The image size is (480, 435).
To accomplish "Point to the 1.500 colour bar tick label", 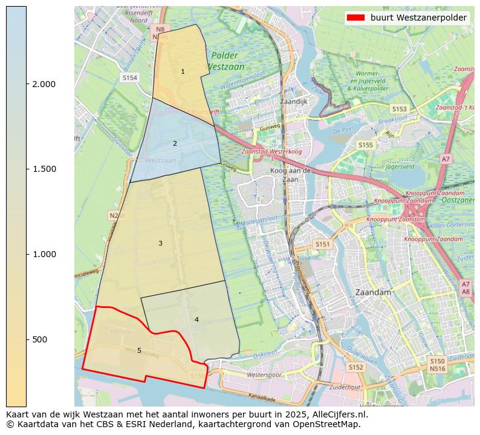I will (x=43, y=169).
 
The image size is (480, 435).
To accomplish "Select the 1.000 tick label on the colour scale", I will (x=43, y=254).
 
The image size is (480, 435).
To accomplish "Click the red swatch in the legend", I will (x=356, y=18).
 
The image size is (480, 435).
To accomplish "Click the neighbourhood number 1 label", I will (x=183, y=72).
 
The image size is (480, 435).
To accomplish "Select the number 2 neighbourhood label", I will (x=175, y=143).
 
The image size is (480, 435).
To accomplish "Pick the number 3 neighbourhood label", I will (x=160, y=243).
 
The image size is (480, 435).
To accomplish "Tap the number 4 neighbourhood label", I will (x=196, y=319).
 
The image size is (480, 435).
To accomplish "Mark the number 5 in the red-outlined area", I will (x=139, y=350).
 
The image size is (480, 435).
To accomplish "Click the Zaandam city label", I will (x=374, y=292).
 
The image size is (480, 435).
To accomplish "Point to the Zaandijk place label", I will (x=294, y=102).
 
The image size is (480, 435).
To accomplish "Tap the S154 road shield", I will (x=130, y=78).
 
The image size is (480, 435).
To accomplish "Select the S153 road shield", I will (x=399, y=109).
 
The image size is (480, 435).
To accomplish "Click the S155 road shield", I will (x=365, y=145).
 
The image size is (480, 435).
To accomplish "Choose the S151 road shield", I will (x=323, y=244).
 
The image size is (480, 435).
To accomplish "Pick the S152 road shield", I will (x=355, y=367).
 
